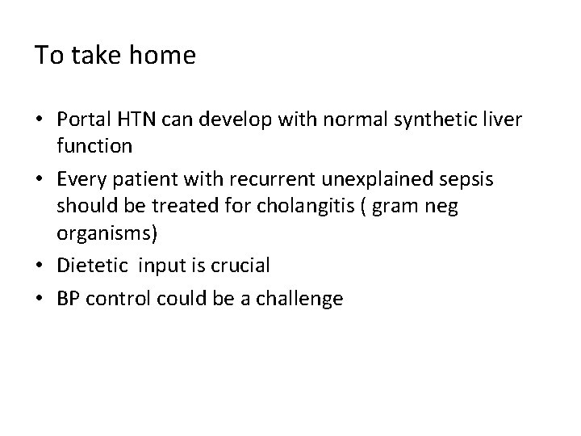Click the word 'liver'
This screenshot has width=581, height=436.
503,119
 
